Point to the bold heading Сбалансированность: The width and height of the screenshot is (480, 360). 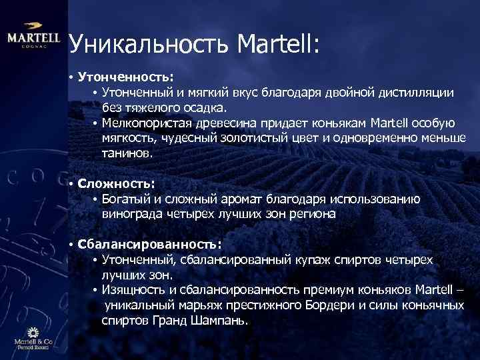coord(149,243)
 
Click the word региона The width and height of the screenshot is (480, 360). coord(313,214)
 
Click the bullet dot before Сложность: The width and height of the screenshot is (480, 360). coord(70,183)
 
